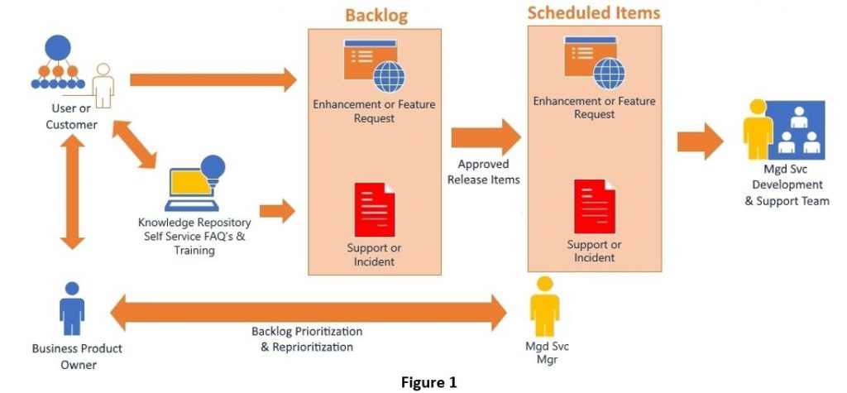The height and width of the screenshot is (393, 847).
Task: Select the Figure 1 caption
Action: point(428,382)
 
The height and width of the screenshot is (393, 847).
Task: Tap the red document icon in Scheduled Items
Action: point(594,208)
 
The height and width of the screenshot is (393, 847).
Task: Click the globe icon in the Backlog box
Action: point(388,77)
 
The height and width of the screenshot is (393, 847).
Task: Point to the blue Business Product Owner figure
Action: point(72,310)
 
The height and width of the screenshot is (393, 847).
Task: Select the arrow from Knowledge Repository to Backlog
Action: point(276,211)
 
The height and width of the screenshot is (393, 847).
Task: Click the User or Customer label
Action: point(69,116)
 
